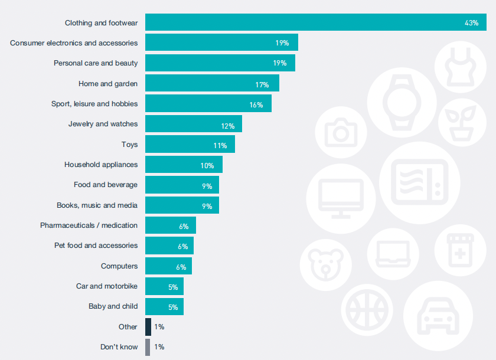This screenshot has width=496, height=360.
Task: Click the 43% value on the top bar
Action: click(x=471, y=22)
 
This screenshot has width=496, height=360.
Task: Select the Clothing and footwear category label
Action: click(x=101, y=23)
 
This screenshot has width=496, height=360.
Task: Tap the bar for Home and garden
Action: click(x=212, y=83)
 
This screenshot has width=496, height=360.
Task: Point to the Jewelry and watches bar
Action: click(x=193, y=124)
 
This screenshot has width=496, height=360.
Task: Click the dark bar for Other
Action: click(x=148, y=326)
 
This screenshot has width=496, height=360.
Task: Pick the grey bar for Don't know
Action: click(x=148, y=346)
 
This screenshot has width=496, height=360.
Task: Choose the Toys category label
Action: click(x=129, y=144)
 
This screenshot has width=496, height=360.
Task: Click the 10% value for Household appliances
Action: click(x=207, y=165)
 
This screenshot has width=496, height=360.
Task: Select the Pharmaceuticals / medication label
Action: click(x=89, y=225)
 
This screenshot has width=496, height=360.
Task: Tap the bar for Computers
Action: click(x=168, y=266)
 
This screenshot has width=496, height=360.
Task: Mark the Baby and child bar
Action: click(x=164, y=306)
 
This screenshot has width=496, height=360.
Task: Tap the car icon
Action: click(x=438, y=316)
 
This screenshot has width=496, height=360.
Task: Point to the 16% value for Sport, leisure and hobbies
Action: click(x=256, y=104)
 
